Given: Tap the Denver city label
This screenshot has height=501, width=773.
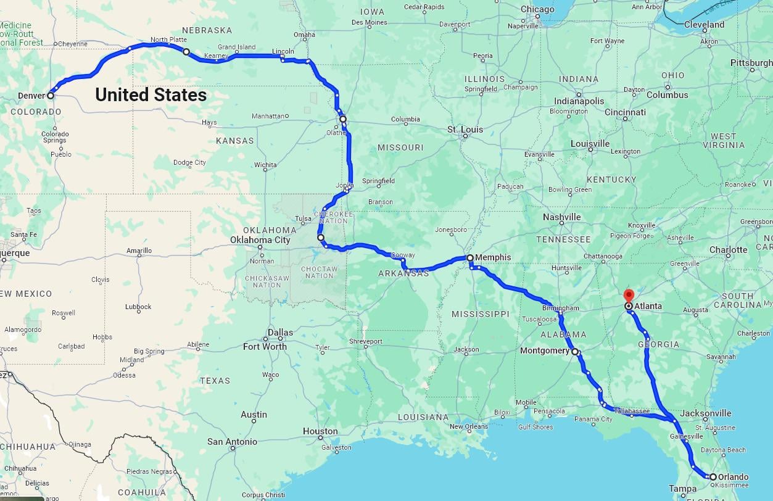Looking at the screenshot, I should tap(31, 96).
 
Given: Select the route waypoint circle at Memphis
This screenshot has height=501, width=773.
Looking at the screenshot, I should tap(470, 258).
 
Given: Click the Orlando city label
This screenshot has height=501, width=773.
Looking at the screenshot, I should tap(734, 477).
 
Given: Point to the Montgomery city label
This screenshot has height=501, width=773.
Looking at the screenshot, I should tap(545, 351).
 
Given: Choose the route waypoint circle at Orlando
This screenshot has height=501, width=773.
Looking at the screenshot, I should tap(713, 477).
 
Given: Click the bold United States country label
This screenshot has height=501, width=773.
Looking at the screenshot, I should tap(151, 94).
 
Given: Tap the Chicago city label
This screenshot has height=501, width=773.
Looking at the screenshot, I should tap(537, 9).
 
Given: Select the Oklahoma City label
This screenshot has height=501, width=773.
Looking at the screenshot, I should tap(260, 240).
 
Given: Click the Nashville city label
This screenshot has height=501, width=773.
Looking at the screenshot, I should tap(561, 217).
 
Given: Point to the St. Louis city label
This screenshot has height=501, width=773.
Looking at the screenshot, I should tap(465, 130).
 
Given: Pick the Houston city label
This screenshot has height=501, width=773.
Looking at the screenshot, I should tap(320, 431).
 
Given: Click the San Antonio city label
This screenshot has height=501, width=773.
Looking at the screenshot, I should tap(232, 442).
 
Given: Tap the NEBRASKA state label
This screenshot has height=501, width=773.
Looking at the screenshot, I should tap(207, 30).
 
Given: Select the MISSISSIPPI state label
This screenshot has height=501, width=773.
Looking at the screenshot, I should tap(480, 314).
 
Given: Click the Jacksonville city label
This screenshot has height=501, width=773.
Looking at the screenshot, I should tap(706, 413).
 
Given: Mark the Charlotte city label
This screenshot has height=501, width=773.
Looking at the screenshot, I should tap(728, 250).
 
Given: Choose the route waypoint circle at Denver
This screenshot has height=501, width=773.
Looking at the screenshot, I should tap(51, 96).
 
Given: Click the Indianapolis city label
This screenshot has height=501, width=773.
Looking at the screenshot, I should tap(579, 101).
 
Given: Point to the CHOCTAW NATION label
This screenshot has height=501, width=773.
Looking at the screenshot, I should tap(319, 272).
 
